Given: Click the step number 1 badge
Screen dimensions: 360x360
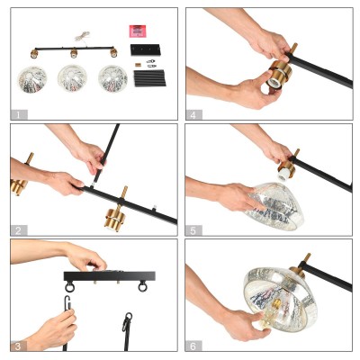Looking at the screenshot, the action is click(x=19, y=114).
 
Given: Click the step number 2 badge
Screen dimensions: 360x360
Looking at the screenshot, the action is click(x=19, y=230).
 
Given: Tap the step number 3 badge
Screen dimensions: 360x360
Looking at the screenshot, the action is click(x=19, y=346).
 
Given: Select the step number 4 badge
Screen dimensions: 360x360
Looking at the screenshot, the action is click(x=193, y=114).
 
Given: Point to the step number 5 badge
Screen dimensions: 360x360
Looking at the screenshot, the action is click(x=193, y=230).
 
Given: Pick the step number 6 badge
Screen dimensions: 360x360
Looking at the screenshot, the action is click(x=193, y=346).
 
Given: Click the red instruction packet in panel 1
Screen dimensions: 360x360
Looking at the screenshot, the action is click(x=138, y=31).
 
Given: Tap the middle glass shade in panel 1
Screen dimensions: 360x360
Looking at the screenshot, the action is click(x=72, y=78).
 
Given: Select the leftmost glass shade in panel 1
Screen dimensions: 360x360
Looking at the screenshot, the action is click(x=32, y=79).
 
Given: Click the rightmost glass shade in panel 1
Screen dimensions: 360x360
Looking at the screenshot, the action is click(x=113, y=78).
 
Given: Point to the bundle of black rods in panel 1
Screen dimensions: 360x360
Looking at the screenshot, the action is click(x=149, y=78).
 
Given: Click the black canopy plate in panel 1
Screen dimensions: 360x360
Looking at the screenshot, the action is click(x=145, y=49).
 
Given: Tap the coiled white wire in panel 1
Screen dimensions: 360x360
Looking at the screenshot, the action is click(x=82, y=37).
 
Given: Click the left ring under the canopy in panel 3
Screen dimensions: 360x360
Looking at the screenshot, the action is click(x=69, y=287).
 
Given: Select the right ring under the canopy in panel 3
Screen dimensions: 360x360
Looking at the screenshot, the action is click(x=142, y=287).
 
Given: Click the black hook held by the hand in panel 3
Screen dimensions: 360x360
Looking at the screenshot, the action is click(x=67, y=302).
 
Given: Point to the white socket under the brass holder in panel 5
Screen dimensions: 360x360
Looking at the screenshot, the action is click(x=283, y=176).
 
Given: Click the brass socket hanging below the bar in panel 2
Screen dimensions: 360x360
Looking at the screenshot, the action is click(x=114, y=220).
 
